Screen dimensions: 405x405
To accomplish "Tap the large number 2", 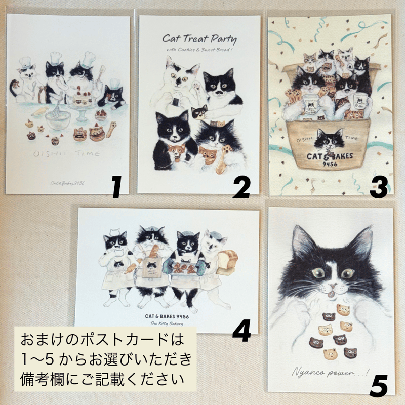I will pyautogui.click(x=242, y=188).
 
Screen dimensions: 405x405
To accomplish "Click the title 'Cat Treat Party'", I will pyautogui.click(x=199, y=38).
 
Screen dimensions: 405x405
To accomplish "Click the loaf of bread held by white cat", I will pyautogui.click(x=226, y=263).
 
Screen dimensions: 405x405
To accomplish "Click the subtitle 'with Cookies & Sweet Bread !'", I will pyautogui.click(x=199, y=50).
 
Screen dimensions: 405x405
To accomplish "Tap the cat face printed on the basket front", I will pyautogui.click(x=330, y=137).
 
